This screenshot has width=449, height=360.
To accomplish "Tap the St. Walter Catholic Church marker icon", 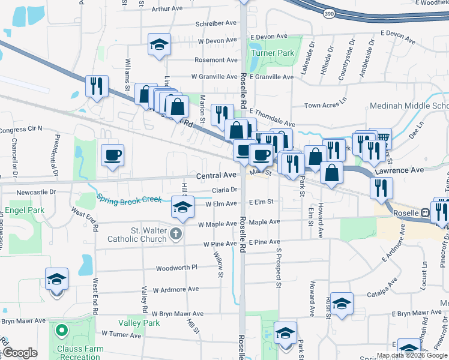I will tap(175, 233).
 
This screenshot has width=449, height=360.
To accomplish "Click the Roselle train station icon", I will tap(424, 212).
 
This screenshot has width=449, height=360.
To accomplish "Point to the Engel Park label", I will tap(25, 211).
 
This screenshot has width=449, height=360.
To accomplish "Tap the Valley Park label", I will tap(139, 323).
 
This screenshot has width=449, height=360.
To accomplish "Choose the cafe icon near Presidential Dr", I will tap(112, 155).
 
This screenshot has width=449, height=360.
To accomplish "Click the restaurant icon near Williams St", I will tap(96, 86).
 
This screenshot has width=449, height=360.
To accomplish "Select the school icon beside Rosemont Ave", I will tap(159, 44).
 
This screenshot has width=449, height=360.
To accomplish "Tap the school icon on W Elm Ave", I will tap(183, 207).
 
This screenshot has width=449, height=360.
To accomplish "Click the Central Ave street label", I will tap(217, 176).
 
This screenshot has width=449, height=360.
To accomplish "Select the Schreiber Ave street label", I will tap(216, 23).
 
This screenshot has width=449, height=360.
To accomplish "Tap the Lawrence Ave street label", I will tap(399, 170).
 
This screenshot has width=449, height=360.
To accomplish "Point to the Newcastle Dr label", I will tap(36, 192).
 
